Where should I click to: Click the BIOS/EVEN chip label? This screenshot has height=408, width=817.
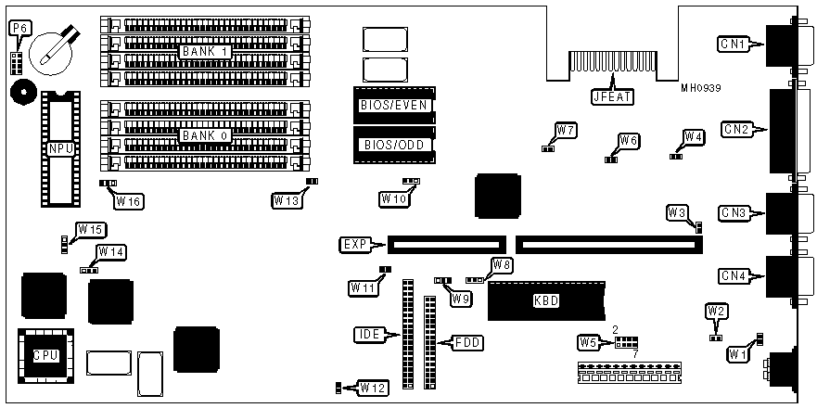point(394,105)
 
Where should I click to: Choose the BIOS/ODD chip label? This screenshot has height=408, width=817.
point(394,144)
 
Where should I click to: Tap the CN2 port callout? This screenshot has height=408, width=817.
point(735,129)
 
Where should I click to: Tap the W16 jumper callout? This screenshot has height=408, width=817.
point(129,199)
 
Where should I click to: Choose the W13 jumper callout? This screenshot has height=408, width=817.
point(287,199)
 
